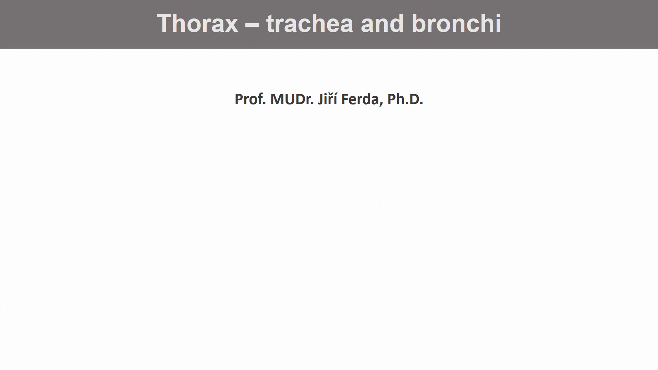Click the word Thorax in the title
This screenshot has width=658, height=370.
pyautogui.click(x=197, y=23)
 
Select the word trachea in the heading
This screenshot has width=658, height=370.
pyautogui.click(x=309, y=23)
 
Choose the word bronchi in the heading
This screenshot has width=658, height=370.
pyautogui.click(x=456, y=23)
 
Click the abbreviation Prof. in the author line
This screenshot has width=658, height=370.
pyautogui.click(x=250, y=99)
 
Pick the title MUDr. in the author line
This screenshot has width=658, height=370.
pyautogui.click(x=292, y=99)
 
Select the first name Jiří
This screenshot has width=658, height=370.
pyautogui.click(x=328, y=99)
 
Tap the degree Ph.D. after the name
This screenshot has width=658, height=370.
pyautogui.click(x=405, y=99)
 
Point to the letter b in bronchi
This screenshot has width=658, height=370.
pyautogui.click(x=418, y=23)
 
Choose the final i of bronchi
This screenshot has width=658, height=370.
pyautogui.click(x=499, y=23)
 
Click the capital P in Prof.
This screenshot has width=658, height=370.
pyautogui.click(x=239, y=99)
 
